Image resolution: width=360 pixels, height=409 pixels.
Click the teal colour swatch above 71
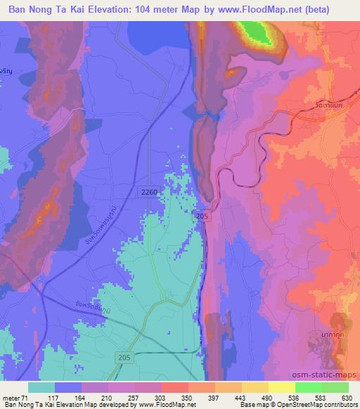(41, 387)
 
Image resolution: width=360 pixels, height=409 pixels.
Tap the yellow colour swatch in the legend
(282, 387)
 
